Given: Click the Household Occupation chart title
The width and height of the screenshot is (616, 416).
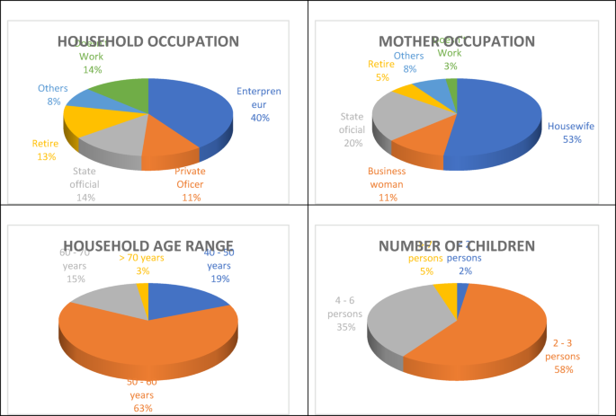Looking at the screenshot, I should [148, 41].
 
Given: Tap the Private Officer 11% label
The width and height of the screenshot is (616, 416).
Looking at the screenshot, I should [190, 179].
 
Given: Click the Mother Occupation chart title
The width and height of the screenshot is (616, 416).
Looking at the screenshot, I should [457, 41].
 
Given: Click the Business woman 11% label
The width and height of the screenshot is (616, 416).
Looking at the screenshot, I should [387, 178].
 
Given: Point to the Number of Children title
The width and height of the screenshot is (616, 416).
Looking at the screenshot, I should [457, 245].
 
